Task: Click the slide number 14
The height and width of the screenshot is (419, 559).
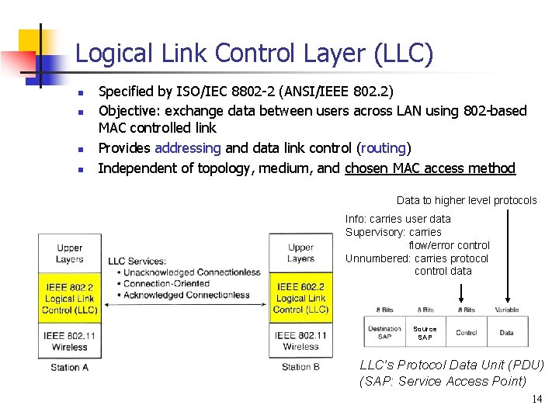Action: coord(536,400)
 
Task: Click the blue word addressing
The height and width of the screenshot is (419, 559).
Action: coord(188,148)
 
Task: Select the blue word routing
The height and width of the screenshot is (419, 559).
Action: coord(384,148)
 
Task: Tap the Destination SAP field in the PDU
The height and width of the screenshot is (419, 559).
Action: coord(384,333)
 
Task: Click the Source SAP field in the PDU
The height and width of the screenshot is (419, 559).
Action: coord(425,333)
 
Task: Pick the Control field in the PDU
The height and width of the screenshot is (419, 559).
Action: coord(466,333)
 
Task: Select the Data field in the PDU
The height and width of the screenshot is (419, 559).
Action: coord(507,333)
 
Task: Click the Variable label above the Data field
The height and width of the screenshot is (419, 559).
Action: coord(507,310)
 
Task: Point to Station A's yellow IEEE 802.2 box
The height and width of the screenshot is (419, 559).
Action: coord(69,299)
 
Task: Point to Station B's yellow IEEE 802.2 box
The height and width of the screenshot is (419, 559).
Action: coord(300,299)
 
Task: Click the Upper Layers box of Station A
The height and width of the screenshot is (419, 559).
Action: coord(69,254)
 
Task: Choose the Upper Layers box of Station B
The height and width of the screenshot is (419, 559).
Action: coord(300,254)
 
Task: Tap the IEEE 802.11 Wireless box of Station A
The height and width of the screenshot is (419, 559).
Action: coord(69,341)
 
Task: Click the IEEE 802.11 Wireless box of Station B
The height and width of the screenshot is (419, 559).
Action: coord(300,341)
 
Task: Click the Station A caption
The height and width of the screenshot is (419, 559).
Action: coord(69,367)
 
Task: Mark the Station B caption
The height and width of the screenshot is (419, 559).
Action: coord(300,367)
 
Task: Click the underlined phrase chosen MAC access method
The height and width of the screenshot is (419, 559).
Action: coord(430,168)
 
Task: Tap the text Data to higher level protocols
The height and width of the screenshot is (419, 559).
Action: coord(467,200)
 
